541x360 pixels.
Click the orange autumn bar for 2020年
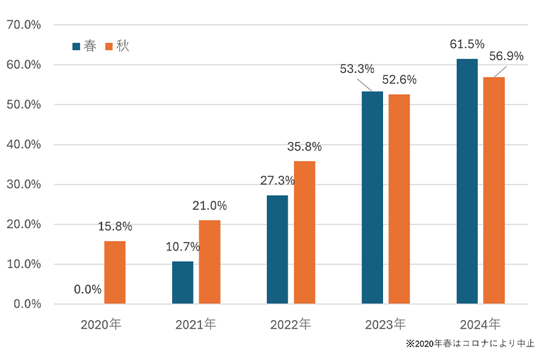tap(115, 272)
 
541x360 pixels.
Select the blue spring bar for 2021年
tap(183, 283)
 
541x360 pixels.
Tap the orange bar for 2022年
tap(304, 232)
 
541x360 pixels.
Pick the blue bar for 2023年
tap(372, 197)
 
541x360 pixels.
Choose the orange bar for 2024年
tap(494, 190)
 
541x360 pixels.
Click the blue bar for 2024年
tap(467, 181)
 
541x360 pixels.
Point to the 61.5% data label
tap(467, 44)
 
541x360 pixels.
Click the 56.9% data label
tap(507, 57)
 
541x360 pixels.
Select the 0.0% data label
tap(88, 289)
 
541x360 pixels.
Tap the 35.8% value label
tap(304, 147)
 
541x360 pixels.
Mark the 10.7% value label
tap(183, 248)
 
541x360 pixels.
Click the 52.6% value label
tap(400, 80)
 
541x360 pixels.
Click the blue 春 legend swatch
tap(76, 47)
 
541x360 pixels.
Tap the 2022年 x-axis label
tap(291, 324)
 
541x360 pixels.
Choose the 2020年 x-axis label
tap(101, 324)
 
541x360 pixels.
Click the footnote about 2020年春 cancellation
tap(470, 343)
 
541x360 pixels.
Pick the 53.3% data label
tap(357, 69)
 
